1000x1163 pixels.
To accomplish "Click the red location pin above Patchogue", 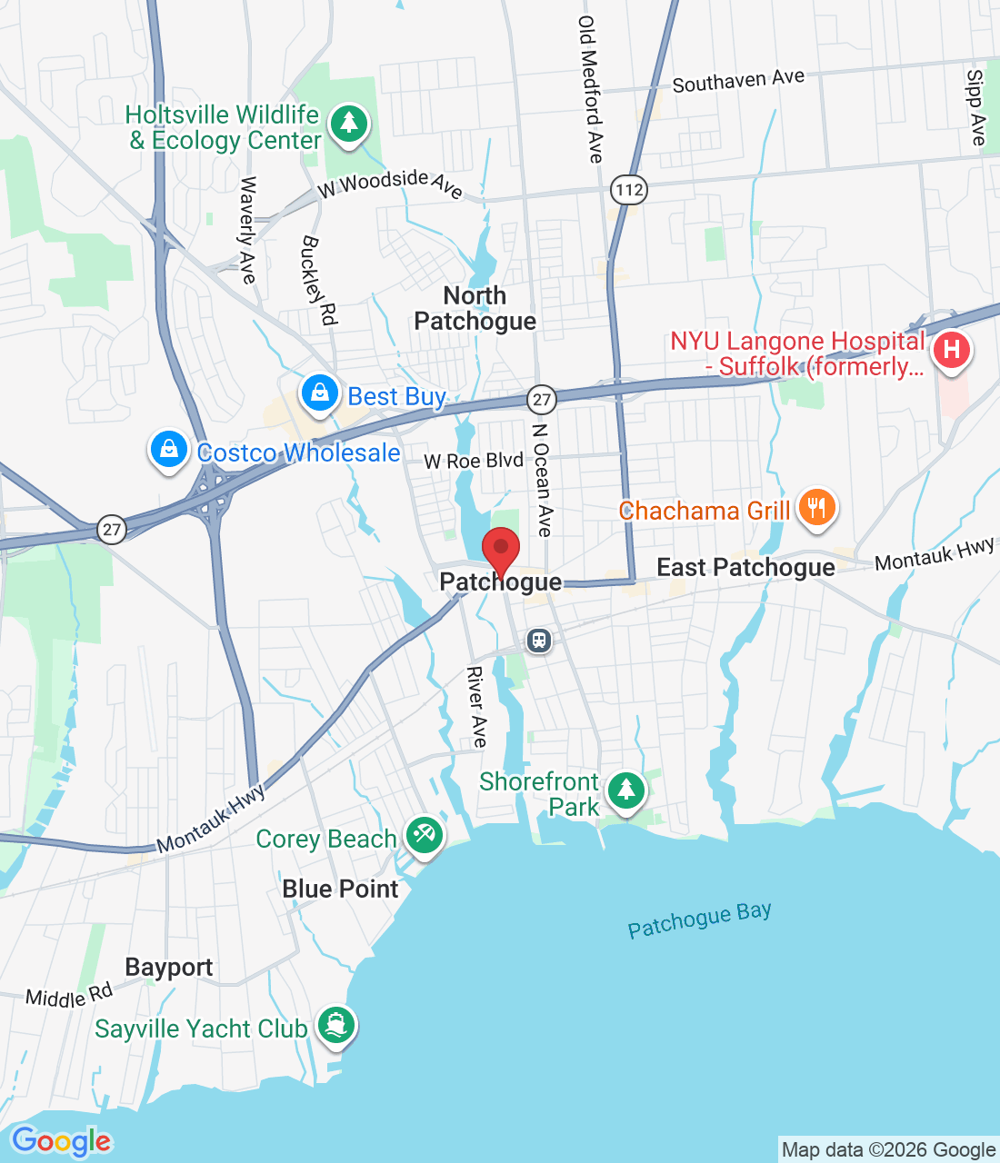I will click(x=500, y=549).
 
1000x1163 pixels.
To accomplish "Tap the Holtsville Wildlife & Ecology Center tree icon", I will click(x=349, y=124).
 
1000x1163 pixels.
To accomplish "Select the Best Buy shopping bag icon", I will click(x=320, y=393).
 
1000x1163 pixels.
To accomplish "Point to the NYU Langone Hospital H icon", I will click(x=951, y=350).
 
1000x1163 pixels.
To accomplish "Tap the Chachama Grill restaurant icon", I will click(x=816, y=508).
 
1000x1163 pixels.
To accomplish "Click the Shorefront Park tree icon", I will click(x=625, y=790).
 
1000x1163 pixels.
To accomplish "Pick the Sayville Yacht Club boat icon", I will click(x=336, y=1025).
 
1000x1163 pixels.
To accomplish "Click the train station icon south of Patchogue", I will click(x=539, y=641).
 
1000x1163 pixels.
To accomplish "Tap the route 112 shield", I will click(x=629, y=190).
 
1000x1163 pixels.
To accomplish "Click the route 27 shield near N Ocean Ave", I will click(x=542, y=399).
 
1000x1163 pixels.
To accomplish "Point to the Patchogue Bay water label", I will click(x=699, y=919).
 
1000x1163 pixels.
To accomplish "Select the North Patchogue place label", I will click(x=475, y=309).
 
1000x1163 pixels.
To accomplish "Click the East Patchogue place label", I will click(x=745, y=568).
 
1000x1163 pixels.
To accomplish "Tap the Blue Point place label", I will click(x=340, y=889).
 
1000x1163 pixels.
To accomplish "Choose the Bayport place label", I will click(x=169, y=968).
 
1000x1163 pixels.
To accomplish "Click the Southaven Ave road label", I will click(x=738, y=82).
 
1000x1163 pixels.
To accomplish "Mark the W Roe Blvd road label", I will click(x=474, y=461).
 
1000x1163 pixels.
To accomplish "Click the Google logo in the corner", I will click(x=62, y=1141).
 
